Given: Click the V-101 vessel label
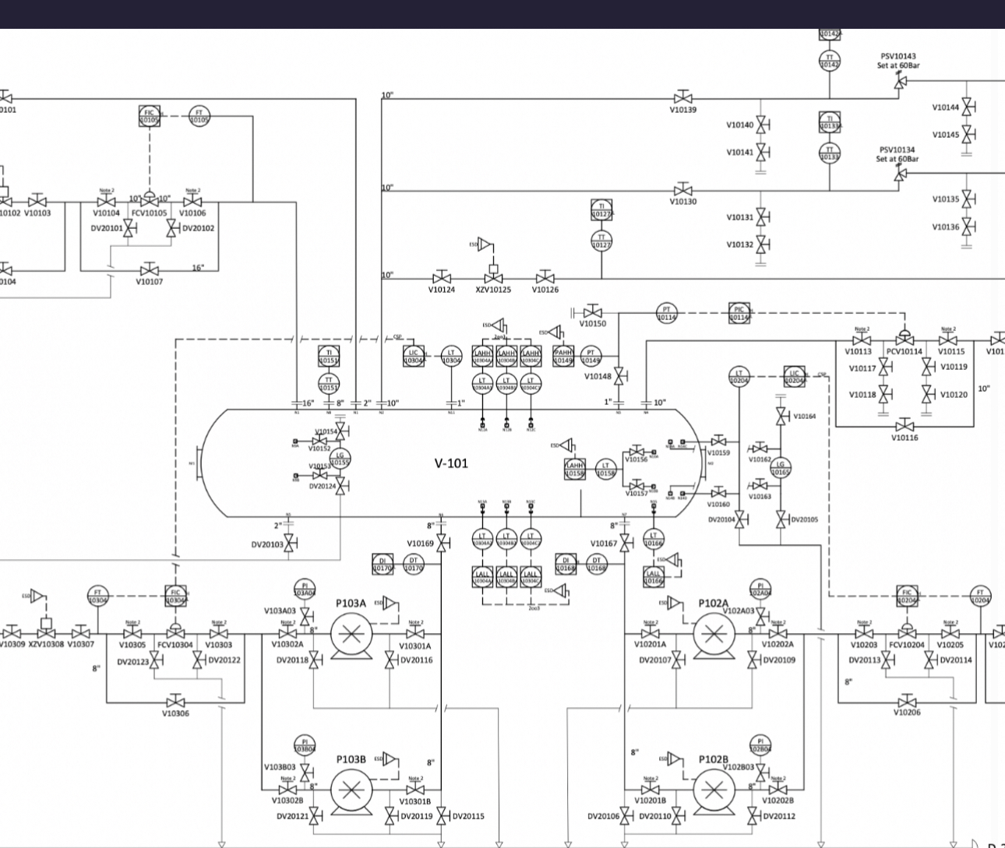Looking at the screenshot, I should [x=451, y=463].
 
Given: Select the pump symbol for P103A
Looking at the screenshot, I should [x=351, y=635].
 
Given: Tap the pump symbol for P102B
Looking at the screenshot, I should [x=714, y=790].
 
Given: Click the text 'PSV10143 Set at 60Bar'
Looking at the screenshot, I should [x=898, y=61].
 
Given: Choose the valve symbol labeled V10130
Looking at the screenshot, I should [x=683, y=190].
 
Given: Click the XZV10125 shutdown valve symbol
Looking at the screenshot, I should [x=493, y=278].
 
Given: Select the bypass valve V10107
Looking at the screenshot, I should [x=150, y=270].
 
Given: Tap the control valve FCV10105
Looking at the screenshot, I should [x=149, y=202].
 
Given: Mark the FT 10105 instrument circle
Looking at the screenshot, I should [x=199, y=117].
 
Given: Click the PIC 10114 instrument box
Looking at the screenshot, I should [x=739, y=313].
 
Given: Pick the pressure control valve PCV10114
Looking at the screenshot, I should [x=905, y=340].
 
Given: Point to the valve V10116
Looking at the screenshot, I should [x=905, y=426].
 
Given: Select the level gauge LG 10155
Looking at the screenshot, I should [x=340, y=459].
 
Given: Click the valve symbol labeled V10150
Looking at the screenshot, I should [x=592, y=312].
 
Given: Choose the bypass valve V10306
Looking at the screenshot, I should [x=176, y=702].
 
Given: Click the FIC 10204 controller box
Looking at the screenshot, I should [x=907, y=596].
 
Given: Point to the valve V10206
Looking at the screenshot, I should [x=907, y=702].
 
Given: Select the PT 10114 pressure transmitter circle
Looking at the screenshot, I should [x=666, y=313].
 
